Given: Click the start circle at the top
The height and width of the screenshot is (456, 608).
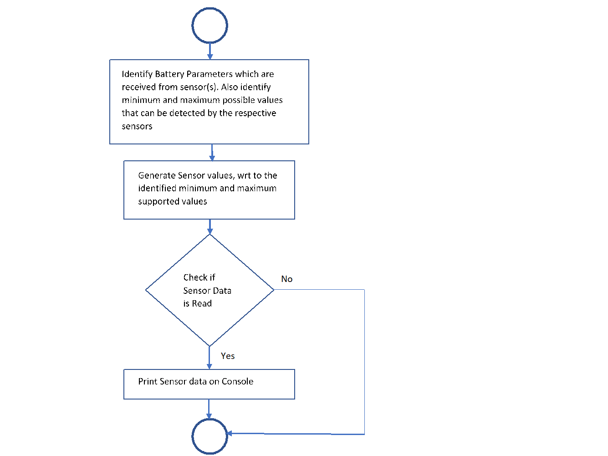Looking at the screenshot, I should [209, 26].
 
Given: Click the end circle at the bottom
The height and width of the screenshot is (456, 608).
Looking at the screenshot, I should [209, 436].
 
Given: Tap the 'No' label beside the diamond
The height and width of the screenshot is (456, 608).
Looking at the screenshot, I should [286, 279].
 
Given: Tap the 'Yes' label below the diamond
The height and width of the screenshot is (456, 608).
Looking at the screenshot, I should [228, 356].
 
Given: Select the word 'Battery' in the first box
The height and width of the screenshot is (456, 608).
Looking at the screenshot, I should [169, 74].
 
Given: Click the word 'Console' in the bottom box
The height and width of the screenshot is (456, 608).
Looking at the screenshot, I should [237, 382].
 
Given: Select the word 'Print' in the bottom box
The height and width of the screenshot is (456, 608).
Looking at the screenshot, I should [147, 382].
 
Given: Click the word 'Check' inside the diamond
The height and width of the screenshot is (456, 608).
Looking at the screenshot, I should [195, 277].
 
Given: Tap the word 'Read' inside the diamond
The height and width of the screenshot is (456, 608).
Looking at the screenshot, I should [202, 304].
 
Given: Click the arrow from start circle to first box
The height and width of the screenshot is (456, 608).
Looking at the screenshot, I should [210, 51].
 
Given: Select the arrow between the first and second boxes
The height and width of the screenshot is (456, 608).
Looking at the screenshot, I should [212, 153].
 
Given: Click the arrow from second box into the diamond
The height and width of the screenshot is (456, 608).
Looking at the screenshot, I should [210, 227].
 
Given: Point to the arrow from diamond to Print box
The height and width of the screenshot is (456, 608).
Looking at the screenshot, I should [209, 358].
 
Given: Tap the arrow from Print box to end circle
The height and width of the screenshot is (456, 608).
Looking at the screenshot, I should [209, 409].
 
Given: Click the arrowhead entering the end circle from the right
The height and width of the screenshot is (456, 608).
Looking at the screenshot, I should [230, 433].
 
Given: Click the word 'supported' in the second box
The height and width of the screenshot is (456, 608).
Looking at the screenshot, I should [158, 202].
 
